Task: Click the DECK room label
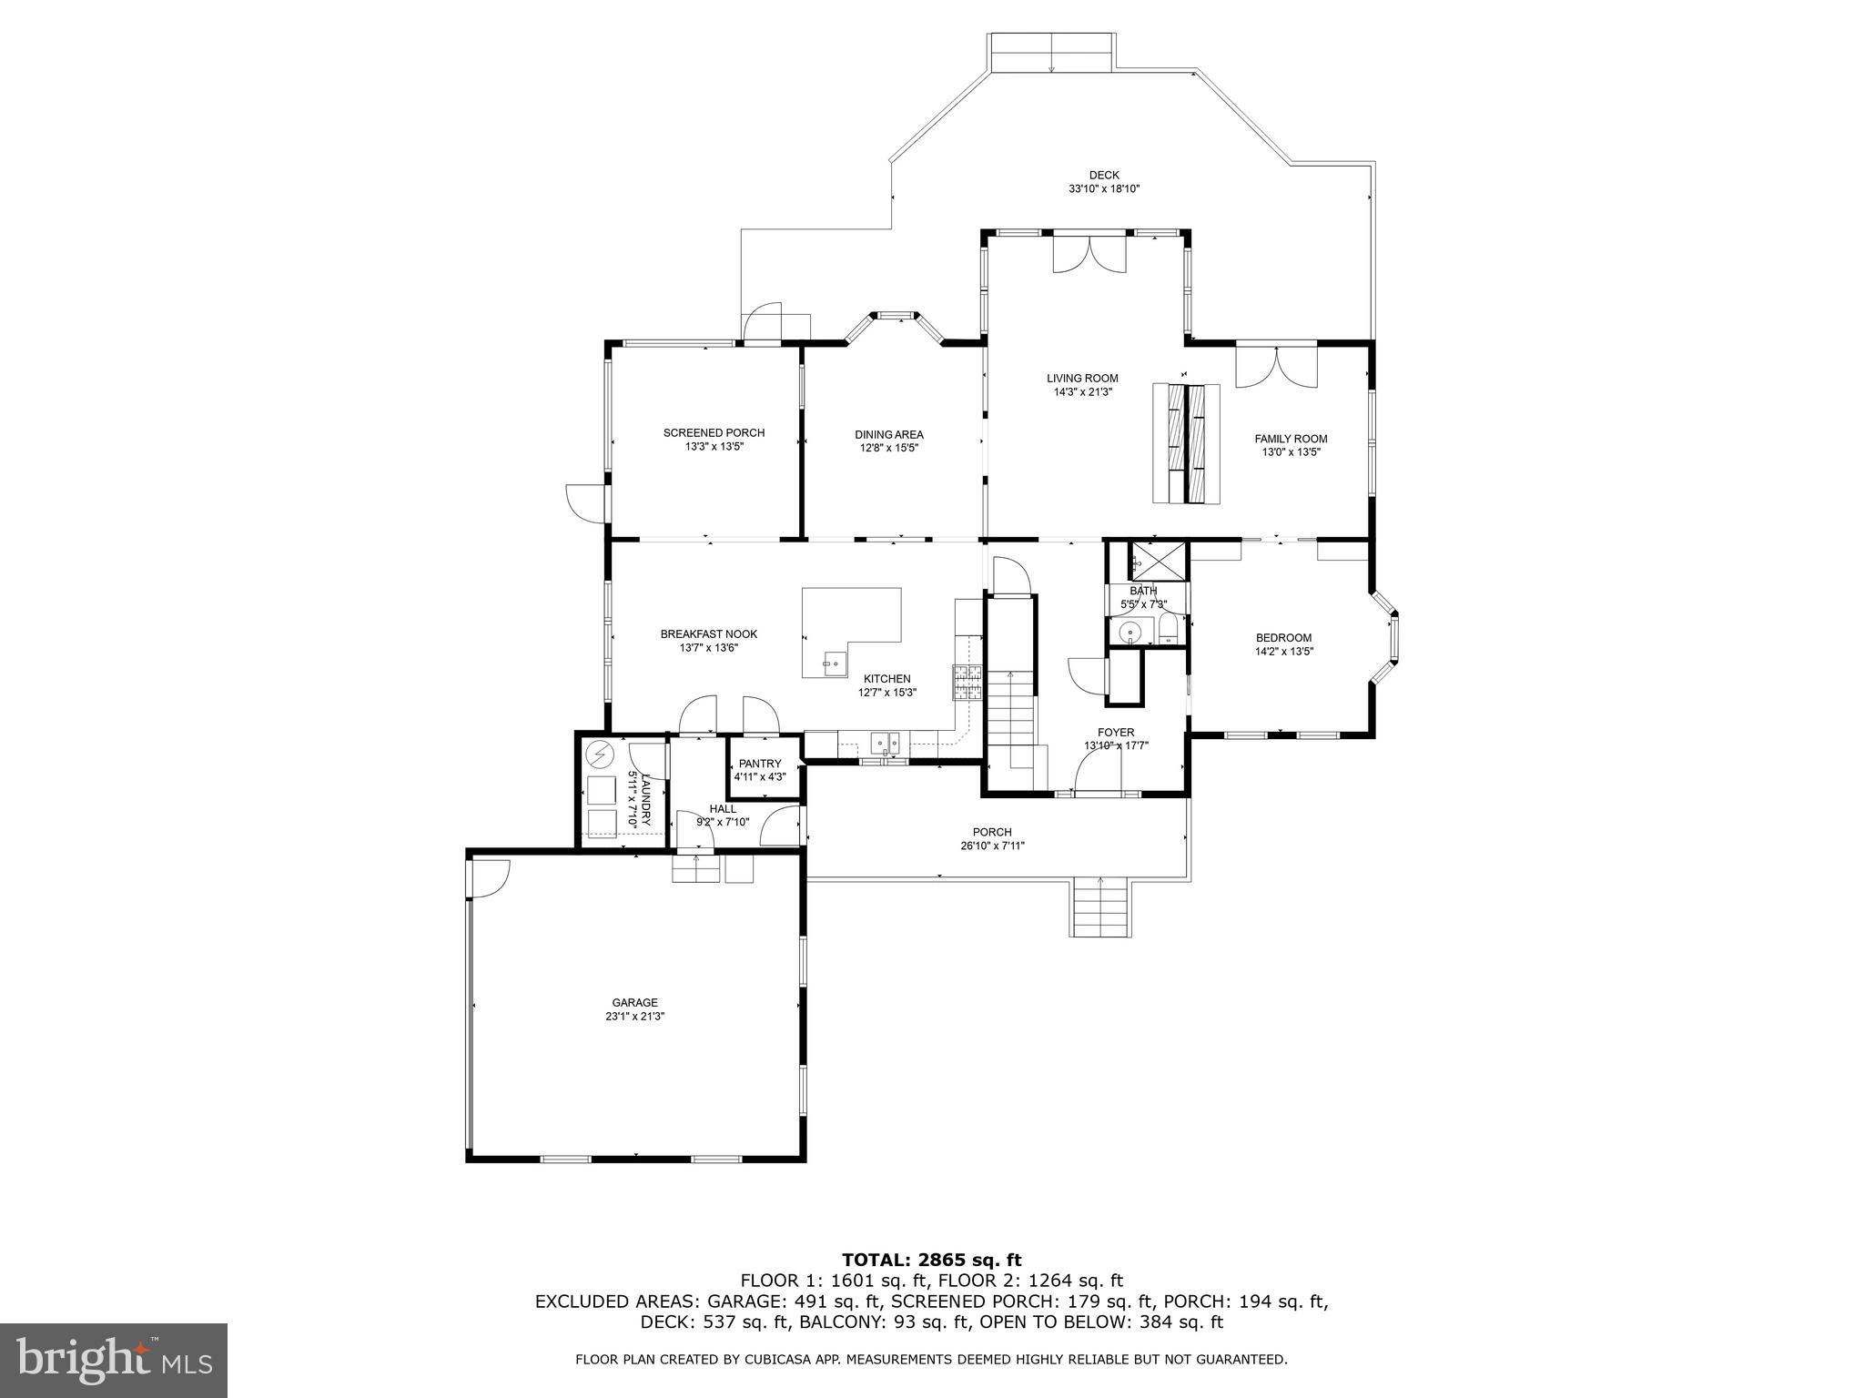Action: [x=1104, y=176]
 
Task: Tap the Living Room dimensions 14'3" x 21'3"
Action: [x=1083, y=392]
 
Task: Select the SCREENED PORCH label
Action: [x=714, y=432]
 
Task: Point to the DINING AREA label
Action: [x=889, y=434]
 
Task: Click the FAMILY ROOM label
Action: [x=1291, y=439]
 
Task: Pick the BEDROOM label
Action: [x=1283, y=638]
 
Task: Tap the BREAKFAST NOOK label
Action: [x=708, y=634]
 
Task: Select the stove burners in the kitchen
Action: [x=967, y=682]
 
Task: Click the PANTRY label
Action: [x=760, y=764]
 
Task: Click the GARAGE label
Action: [x=634, y=1003]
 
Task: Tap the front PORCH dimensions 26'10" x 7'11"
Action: [x=992, y=846]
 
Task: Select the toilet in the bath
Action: [x=1170, y=630]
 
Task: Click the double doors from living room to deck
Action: [x=1089, y=254]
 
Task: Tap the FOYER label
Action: [x=1116, y=733]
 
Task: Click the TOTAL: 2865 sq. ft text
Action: [x=931, y=1261]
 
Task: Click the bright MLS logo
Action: [x=114, y=1360]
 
